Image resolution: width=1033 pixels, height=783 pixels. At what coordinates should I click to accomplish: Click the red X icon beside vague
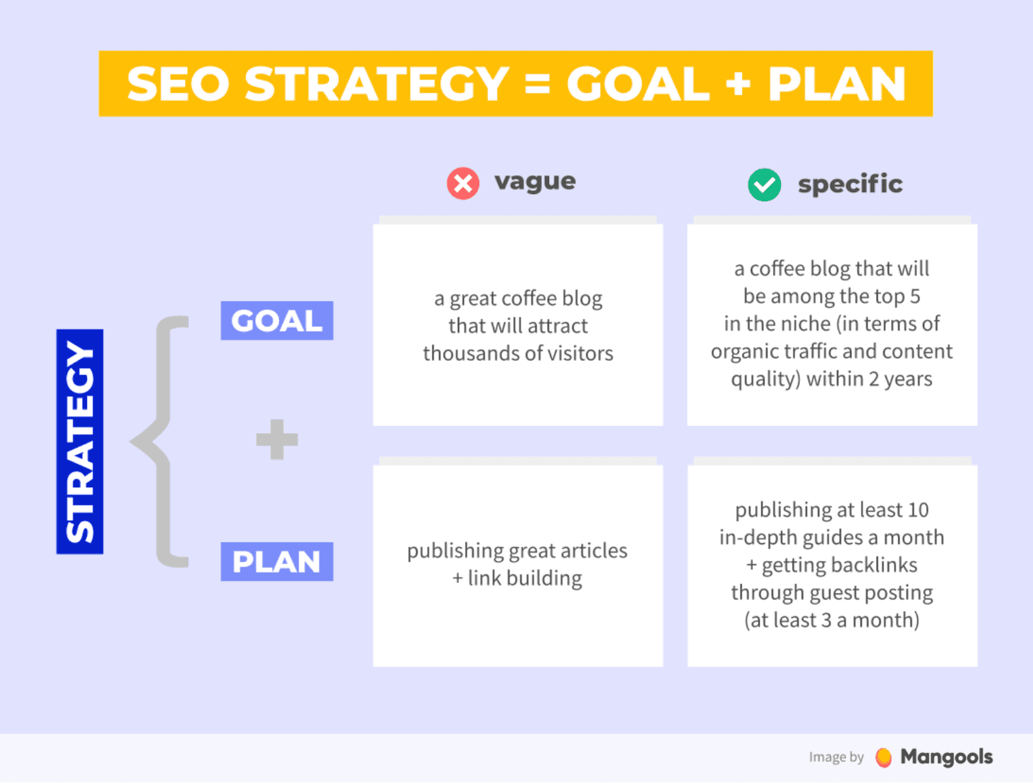[x=463, y=183]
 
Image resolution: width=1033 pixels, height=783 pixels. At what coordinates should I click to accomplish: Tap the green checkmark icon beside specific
[x=764, y=184]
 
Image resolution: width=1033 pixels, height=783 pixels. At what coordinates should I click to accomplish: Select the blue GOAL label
[x=277, y=320]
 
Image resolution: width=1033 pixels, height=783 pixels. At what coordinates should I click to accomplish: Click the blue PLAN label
[x=277, y=562]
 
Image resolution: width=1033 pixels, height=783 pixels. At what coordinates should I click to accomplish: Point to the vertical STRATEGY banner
[x=80, y=442]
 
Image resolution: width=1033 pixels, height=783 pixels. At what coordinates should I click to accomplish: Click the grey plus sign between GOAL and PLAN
[x=277, y=440]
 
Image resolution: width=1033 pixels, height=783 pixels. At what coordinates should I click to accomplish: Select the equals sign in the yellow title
[x=537, y=84]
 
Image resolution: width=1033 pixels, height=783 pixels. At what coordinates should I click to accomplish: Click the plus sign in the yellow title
[x=737, y=84]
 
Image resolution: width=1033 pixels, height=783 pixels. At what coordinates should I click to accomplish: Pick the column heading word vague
[x=535, y=181]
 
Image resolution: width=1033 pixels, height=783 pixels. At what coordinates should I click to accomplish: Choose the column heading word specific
[x=850, y=184]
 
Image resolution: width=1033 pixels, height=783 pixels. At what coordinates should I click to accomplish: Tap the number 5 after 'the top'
[x=915, y=296]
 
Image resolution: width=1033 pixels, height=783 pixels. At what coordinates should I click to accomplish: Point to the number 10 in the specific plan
[x=918, y=509]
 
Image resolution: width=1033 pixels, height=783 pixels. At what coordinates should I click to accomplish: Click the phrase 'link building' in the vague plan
[x=525, y=578]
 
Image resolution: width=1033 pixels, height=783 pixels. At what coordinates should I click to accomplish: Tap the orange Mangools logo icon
[x=883, y=757]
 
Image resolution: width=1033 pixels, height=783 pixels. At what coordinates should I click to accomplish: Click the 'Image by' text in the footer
[x=836, y=757]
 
